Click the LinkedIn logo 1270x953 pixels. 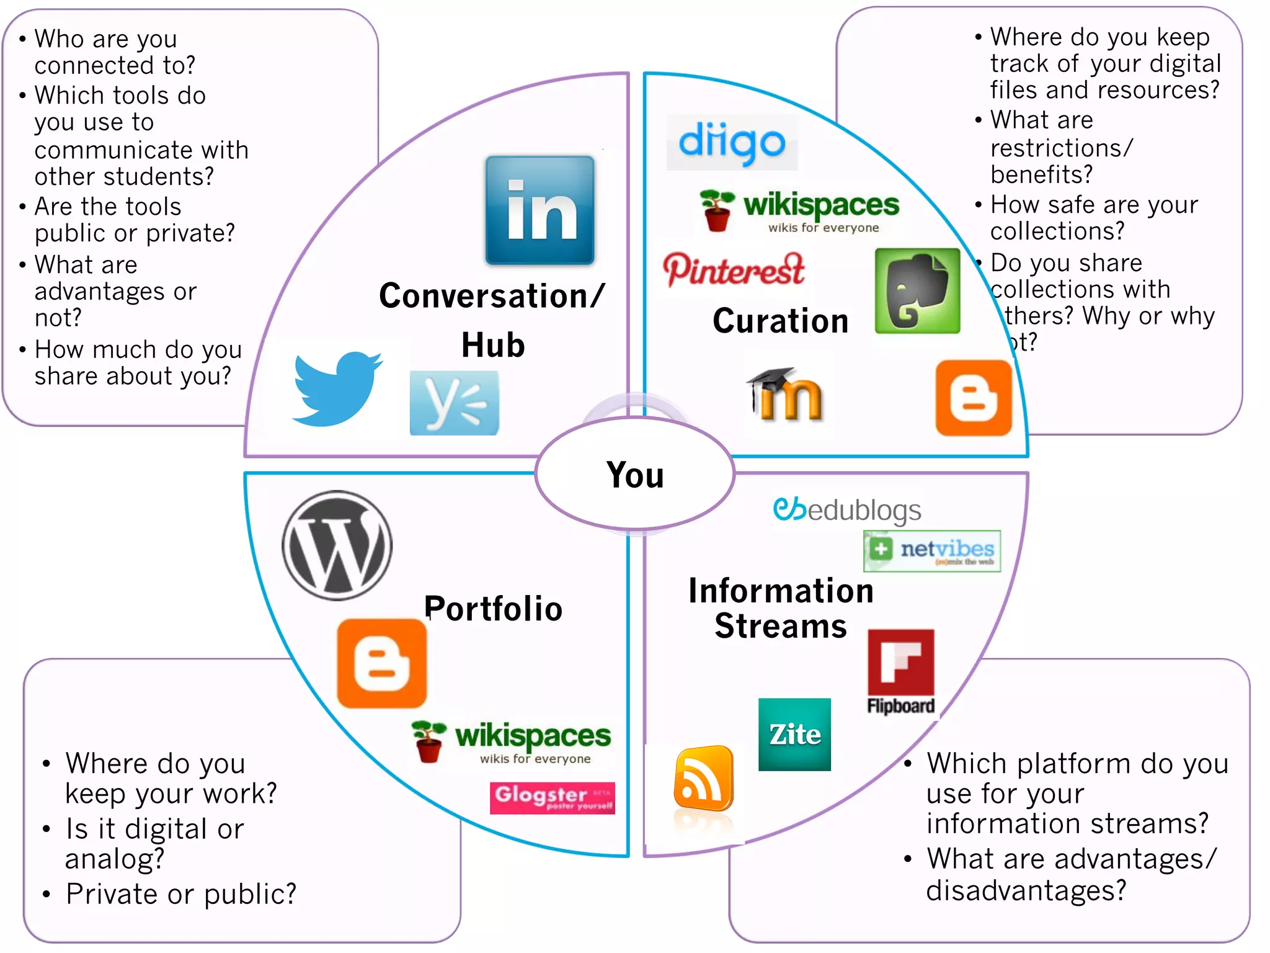[x=540, y=210]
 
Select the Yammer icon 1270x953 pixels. [x=454, y=403]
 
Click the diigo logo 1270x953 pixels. [x=732, y=143]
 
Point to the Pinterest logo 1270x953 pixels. [x=734, y=270]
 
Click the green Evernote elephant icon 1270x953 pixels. [x=917, y=291]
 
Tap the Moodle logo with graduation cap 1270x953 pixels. [x=784, y=395]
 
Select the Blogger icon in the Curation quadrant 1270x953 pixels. [x=974, y=398]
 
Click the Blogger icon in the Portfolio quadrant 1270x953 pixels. [x=382, y=663]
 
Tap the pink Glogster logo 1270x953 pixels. [x=552, y=797]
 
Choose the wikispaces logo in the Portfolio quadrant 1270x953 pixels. [x=512, y=741]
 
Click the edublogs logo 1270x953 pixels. [x=846, y=510]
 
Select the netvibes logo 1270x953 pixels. [x=931, y=551]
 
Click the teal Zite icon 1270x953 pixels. [x=794, y=735]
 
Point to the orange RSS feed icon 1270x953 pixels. [x=703, y=779]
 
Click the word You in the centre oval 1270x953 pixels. [x=635, y=475]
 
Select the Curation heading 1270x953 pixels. [x=780, y=321]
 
